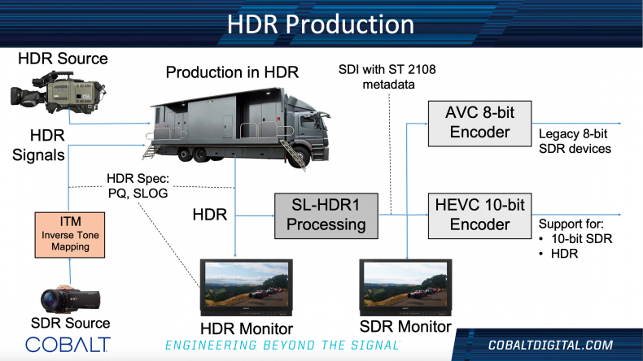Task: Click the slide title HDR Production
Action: pos(321,24)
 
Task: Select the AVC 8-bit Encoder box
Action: pos(479,124)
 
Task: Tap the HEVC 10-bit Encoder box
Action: pos(479,215)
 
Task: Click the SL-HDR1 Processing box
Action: pos(326,215)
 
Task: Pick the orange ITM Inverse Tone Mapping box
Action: pos(70,235)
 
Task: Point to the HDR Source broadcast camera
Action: pos(59,93)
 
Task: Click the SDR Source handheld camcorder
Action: pos(70,299)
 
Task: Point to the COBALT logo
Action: pos(68,345)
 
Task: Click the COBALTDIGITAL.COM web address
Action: pos(550,345)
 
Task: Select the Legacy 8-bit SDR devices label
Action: pos(575,141)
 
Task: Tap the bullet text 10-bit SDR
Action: pos(581,238)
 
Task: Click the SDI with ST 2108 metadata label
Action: pos(387,76)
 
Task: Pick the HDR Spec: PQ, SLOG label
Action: pos(138,185)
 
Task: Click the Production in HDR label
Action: pos(232,72)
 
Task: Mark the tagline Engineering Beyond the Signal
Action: pos(282,346)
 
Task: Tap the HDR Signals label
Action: pos(38,145)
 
